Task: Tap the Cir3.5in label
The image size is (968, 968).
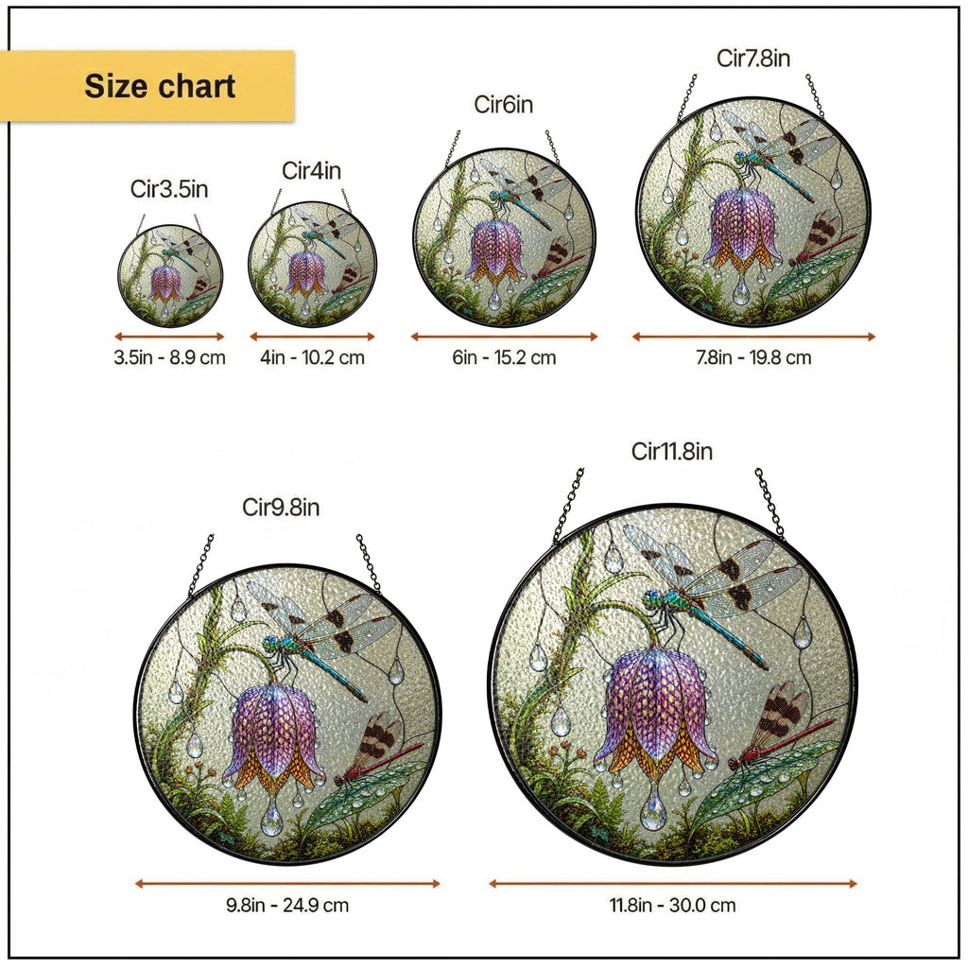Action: [169, 189]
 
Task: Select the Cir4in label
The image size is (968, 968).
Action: [312, 170]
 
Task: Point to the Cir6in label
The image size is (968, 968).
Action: [503, 104]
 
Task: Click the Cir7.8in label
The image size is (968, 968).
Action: [753, 58]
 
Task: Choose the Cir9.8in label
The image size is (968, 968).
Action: [281, 508]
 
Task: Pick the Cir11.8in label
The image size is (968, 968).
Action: [672, 451]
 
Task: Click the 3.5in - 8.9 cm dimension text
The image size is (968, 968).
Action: [170, 357]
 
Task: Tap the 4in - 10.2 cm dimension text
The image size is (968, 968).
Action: [312, 357]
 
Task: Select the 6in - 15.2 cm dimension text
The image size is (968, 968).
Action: [504, 357]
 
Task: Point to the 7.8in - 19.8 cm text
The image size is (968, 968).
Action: [753, 357]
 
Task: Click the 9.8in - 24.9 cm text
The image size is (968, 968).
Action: [287, 906]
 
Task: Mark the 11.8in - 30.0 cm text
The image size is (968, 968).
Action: [673, 906]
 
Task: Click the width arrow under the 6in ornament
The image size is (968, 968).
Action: [505, 337]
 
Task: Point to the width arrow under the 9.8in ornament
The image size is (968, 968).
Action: [287, 884]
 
